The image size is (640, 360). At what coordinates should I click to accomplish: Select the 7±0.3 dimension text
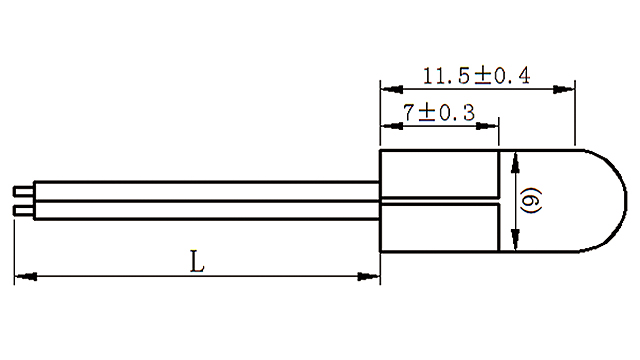pyautogui.click(x=439, y=112)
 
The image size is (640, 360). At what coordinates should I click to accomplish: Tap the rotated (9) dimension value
pyautogui.click(x=532, y=201)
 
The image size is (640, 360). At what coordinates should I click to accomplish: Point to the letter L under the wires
pyautogui.click(x=198, y=262)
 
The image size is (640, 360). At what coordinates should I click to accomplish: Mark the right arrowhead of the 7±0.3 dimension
pyautogui.click(x=491, y=126)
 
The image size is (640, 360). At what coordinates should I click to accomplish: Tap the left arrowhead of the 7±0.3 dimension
pyautogui.click(x=387, y=126)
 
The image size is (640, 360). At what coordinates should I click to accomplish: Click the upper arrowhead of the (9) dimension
pyautogui.click(x=515, y=159)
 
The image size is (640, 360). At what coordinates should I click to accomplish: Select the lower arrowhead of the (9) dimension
pyautogui.click(x=515, y=244)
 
